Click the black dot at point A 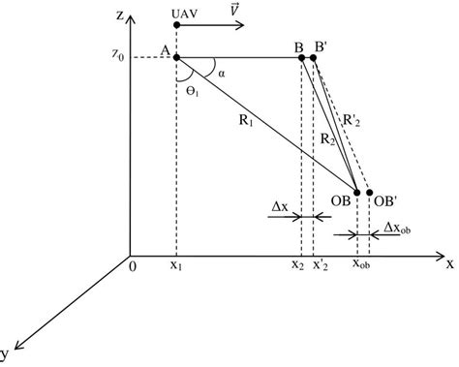[176, 58]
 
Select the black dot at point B [302, 58]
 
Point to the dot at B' [315, 58]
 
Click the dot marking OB [357, 194]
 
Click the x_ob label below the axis [358, 264]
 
